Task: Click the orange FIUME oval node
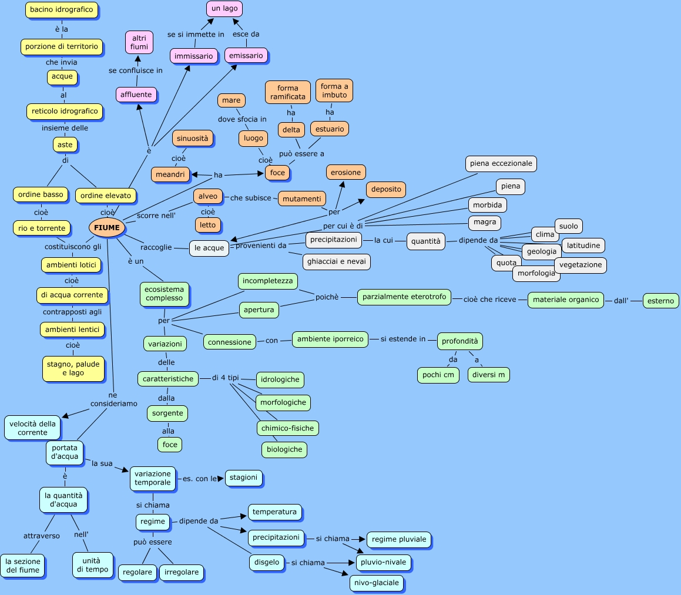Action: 106,227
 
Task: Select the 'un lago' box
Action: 224,9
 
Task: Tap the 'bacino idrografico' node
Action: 62,10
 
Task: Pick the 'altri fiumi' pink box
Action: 139,42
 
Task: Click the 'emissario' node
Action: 246,55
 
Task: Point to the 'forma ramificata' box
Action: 288,92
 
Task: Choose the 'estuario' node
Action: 330,129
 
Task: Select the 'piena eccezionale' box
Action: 501,163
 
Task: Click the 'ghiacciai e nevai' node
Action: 337,261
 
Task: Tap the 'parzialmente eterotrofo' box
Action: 404,297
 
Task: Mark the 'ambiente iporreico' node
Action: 330,339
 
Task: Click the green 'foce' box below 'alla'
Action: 170,445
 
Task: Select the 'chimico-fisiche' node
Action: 288,428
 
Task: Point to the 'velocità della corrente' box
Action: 33,428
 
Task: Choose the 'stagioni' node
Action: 244,478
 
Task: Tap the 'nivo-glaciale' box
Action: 377,583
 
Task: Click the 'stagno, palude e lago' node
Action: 73,368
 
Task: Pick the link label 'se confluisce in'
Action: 136,70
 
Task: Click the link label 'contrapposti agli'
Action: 72,312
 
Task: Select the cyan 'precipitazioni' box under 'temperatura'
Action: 276,537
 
